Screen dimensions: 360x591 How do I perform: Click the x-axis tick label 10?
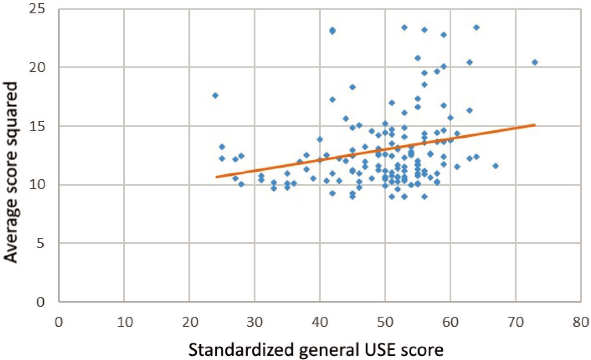tap(124, 322)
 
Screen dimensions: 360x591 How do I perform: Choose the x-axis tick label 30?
tap(255, 322)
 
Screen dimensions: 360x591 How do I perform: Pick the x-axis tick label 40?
tap(320, 322)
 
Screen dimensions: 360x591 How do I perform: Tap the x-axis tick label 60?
tap(450, 322)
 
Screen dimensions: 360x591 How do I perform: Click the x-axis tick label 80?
tap(580, 322)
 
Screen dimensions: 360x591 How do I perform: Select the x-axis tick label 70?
tap(515, 322)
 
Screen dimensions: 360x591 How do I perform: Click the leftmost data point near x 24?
tap(215, 96)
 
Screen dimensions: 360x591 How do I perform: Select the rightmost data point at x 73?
tap(535, 62)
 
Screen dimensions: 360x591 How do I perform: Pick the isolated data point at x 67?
tap(495, 166)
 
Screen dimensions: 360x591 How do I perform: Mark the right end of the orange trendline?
tap(535, 125)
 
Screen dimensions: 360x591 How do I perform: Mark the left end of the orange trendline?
tap(216, 177)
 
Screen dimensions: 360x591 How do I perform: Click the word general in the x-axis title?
tap(324, 349)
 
